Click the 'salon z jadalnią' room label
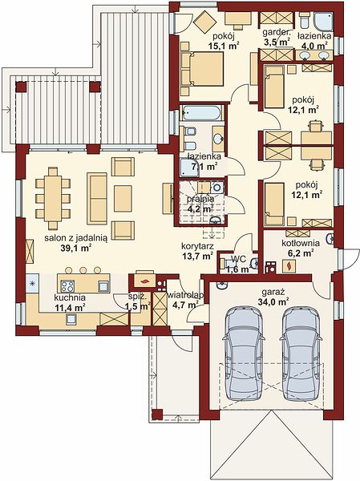click(76, 238)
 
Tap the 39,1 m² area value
click(76, 249)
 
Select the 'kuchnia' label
click(70, 297)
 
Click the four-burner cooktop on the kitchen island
click(67, 286)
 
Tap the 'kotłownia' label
click(301, 243)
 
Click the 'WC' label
click(238, 259)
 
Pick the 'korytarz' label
click(198, 246)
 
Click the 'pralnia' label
click(200, 199)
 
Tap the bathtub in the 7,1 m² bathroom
click(201, 113)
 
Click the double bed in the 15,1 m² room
click(203, 69)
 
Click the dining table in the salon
click(53, 199)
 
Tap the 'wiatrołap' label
click(185, 295)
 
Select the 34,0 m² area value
click(272, 302)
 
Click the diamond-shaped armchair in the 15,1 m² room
click(205, 22)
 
